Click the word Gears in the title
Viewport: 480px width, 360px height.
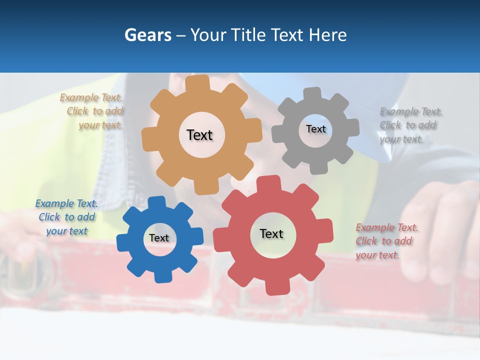pos(147,35)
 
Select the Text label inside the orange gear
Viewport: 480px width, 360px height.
pos(199,135)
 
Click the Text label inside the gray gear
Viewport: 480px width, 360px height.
pos(315,129)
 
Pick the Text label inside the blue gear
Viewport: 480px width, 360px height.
pos(159,238)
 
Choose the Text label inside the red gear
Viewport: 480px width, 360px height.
pos(271,233)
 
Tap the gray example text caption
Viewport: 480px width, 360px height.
pos(409,125)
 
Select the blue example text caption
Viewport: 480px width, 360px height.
pos(67,217)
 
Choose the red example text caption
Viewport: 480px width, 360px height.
pos(385,241)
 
